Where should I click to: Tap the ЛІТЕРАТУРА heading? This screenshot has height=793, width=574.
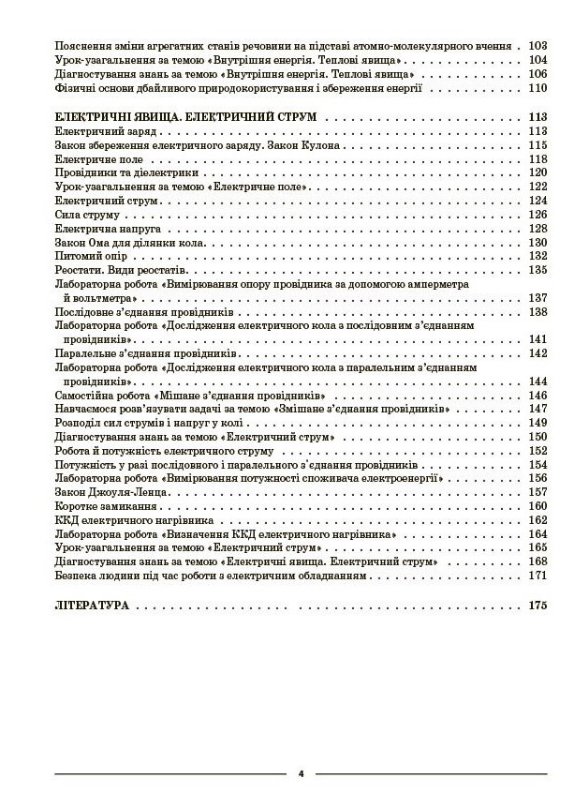coord(92,606)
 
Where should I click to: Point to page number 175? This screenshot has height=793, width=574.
coord(536,606)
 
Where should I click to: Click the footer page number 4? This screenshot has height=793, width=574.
coord(301,774)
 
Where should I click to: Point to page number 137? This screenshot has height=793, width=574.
coord(536,298)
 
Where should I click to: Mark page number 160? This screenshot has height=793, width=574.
coord(536,506)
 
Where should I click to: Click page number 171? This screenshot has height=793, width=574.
coord(536,575)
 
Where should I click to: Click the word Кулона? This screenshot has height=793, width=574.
coord(298,145)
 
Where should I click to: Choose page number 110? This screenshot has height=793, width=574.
coord(536,88)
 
